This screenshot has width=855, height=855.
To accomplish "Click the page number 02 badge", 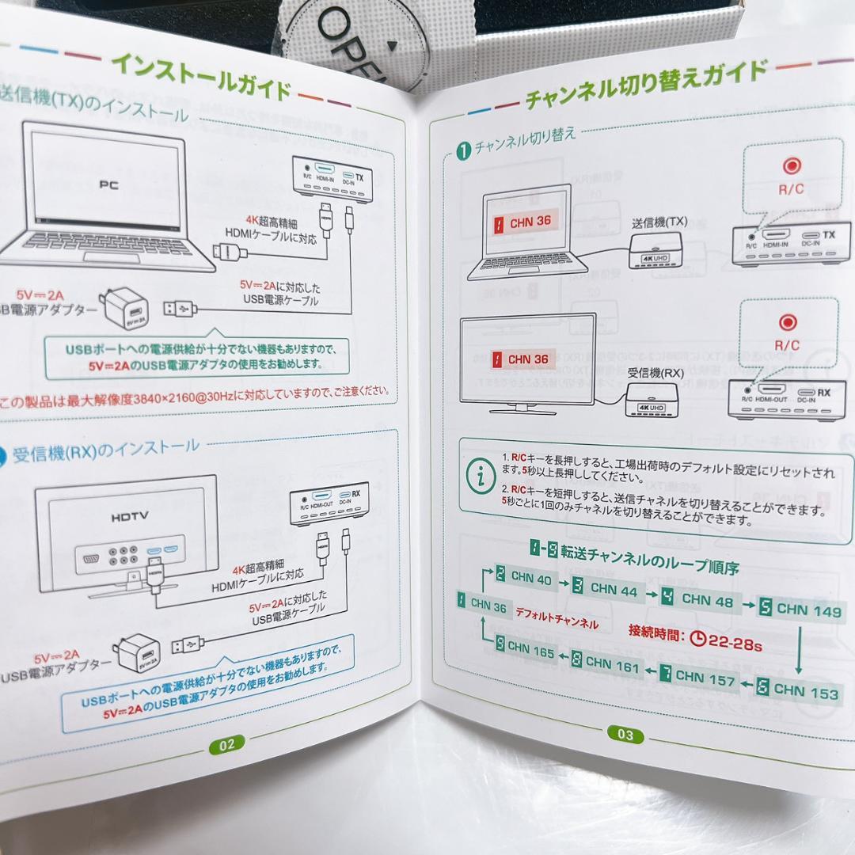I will point(226,743).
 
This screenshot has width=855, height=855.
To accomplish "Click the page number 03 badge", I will point(625,735).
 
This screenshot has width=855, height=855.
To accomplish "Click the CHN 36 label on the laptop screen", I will point(520,222).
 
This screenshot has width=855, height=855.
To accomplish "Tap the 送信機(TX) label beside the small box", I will point(659,222).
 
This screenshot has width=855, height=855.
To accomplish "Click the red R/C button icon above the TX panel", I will point(791,165).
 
